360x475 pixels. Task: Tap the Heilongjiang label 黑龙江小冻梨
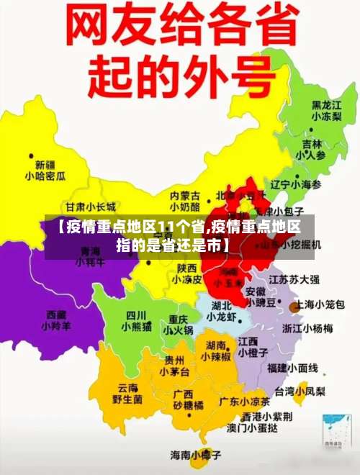pos(326,110)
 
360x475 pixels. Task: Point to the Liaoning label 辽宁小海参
pos(295,184)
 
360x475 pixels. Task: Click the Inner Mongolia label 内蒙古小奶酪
pos(184,200)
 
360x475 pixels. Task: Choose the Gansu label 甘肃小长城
pos(90,207)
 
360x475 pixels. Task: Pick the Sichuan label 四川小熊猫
pos(136,320)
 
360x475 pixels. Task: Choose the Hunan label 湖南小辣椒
pos(215,351)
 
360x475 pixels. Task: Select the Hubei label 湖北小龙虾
pos(221,311)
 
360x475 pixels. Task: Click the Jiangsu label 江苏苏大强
pos(294,279)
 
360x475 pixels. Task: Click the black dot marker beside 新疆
pos(31,154)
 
